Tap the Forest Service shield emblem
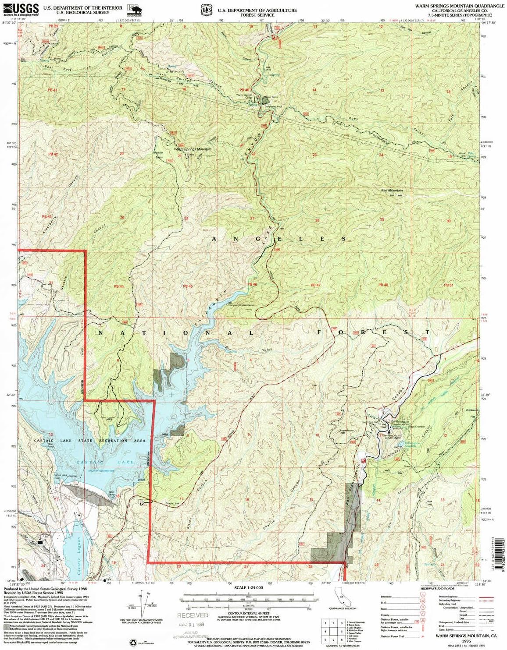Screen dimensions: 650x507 (206, 9)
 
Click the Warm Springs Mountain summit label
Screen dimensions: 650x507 (193, 149)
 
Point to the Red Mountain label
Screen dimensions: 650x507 (392, 191)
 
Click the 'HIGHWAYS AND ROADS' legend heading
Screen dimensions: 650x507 (437, 588)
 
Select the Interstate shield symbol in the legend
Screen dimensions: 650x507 (422, 597)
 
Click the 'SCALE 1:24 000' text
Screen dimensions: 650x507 (248, 587)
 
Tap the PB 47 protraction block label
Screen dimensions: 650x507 (315, 285)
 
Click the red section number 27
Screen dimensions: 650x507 (252, 219)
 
